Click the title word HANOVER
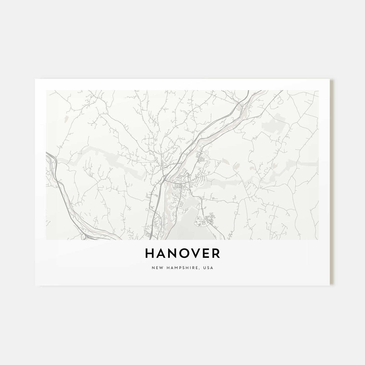coord(182,253)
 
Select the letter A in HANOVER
coord(160,253)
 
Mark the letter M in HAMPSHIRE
coord(175,268)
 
